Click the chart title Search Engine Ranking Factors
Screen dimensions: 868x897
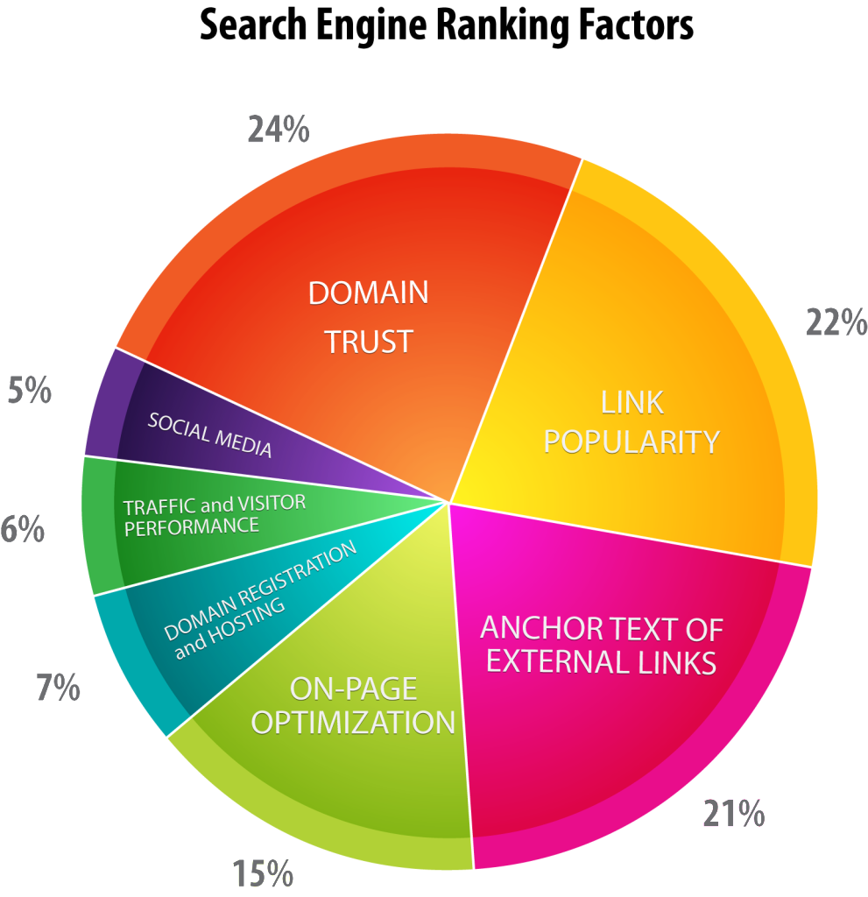click(x=447, y=26)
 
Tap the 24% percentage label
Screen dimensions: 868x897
click(x=279, y=130)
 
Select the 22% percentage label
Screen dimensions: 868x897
click(x=836, y=322)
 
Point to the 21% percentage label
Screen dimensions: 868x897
click(x=733, y=814)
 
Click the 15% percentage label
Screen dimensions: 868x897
click(x=263, y=873)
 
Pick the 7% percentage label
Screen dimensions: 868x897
click(x=59, y=687)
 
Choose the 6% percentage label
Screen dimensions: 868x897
click(x=22, y=528)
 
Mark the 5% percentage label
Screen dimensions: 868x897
click(x=29, y=391)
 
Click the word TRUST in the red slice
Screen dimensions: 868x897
click(x=369, y=343)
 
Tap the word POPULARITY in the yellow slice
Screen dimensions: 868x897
click(x=632, y=442)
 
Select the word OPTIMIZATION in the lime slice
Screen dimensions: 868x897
click(x=353, y=723)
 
